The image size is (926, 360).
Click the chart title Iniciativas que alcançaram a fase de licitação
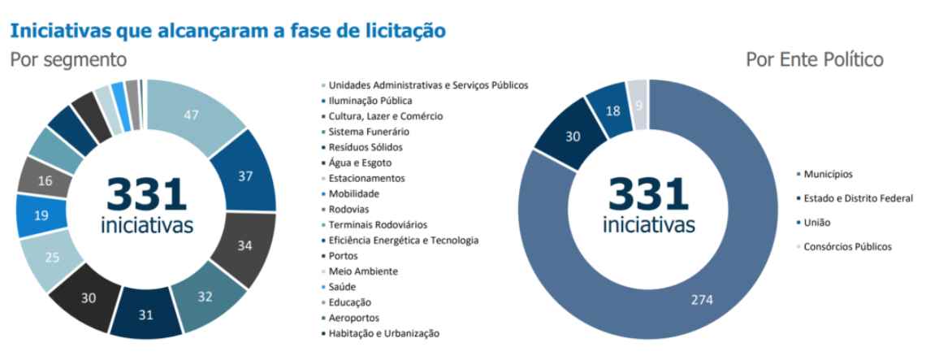(x=227, y=31)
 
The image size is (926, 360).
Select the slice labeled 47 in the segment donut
(x=192, y=115)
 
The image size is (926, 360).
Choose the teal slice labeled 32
(x=205, y=297)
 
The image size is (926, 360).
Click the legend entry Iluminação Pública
(x=370, y=101)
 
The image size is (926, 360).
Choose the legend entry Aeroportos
(x=353, y=318)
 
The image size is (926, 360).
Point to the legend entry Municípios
(x=828, y=174)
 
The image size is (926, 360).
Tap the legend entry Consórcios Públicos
(x=848, y=246)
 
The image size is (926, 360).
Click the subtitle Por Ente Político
(x=815, y=60)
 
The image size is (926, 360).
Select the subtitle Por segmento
(x=68, y=60)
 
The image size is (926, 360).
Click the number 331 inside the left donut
(x=147, y=194)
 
